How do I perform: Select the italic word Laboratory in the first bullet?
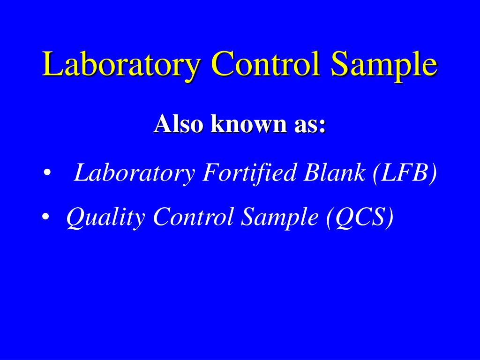[x=135, y=173]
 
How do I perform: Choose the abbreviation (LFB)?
[x=405, y=173]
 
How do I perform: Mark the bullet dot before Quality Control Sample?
[x=45, y=217]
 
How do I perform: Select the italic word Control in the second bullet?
[x=193, y=217]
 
